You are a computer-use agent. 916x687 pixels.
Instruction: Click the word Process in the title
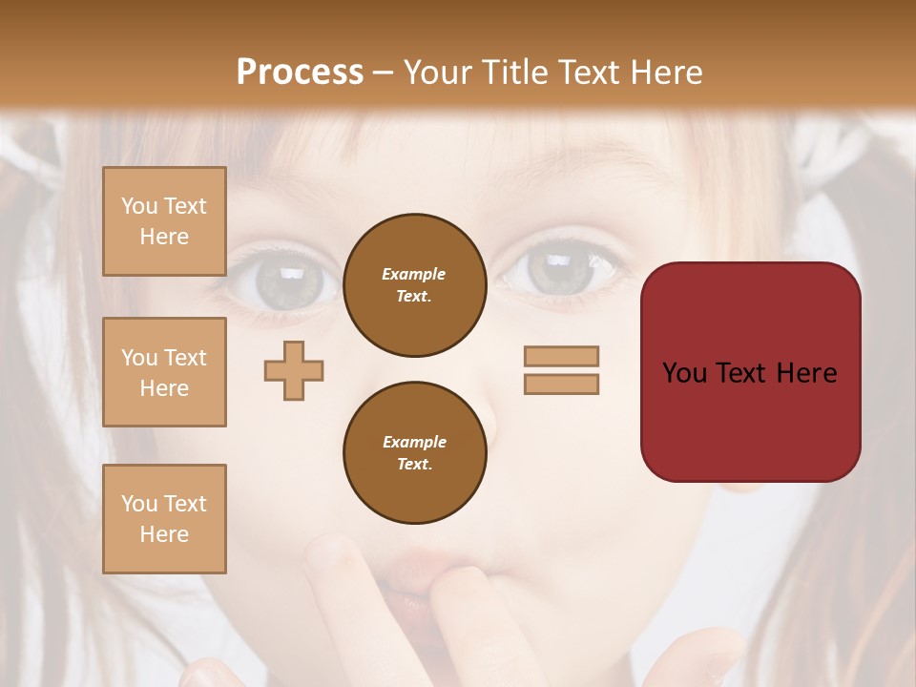tap(300, 72)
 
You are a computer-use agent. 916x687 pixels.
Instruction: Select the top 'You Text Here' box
tap(164, 221)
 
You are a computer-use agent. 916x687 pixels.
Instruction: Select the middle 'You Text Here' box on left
tap(164, 372)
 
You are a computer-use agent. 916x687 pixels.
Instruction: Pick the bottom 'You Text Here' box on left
tap(164, 518)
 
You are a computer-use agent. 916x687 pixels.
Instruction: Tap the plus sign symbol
tap(294, 370)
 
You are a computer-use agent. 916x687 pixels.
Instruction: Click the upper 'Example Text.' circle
tap(414, 284)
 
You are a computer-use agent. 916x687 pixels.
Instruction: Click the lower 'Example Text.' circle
tap(414, 452)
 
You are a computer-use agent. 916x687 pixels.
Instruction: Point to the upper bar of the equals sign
tap(561, 356)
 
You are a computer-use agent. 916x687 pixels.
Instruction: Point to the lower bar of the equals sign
tap(561, 384)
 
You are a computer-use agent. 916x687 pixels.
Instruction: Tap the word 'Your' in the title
tap(440, 72)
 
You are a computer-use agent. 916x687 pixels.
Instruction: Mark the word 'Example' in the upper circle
tap(414, 274)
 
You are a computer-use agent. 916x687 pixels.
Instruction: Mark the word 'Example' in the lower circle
tap(414, 442)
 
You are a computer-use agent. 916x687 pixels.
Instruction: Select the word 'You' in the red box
tap(684, 372)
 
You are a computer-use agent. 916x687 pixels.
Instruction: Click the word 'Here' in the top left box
tap(164, 237)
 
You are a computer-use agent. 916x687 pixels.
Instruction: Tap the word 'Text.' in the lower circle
tap(414, 464)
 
